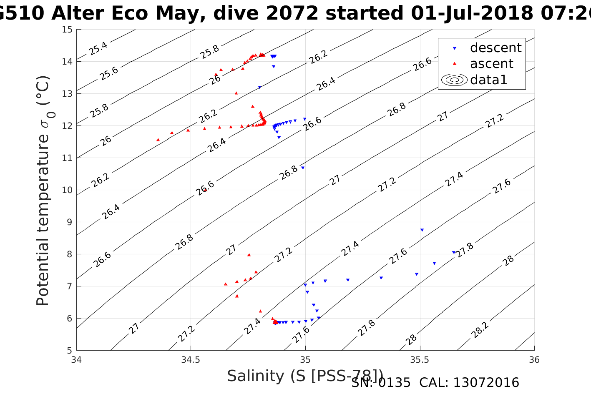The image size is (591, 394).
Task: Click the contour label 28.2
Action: [480, 330]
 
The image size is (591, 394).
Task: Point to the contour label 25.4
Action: [98, 48]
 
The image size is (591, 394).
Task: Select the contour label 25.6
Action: [109, 73]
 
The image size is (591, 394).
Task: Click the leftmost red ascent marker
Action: [158, 140]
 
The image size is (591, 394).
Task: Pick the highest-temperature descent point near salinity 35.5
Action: [422, 230]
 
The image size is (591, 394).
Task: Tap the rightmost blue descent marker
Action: [453, 252]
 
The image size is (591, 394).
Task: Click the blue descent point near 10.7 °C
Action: [303, 168]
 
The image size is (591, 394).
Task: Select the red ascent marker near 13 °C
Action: [236, 93]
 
